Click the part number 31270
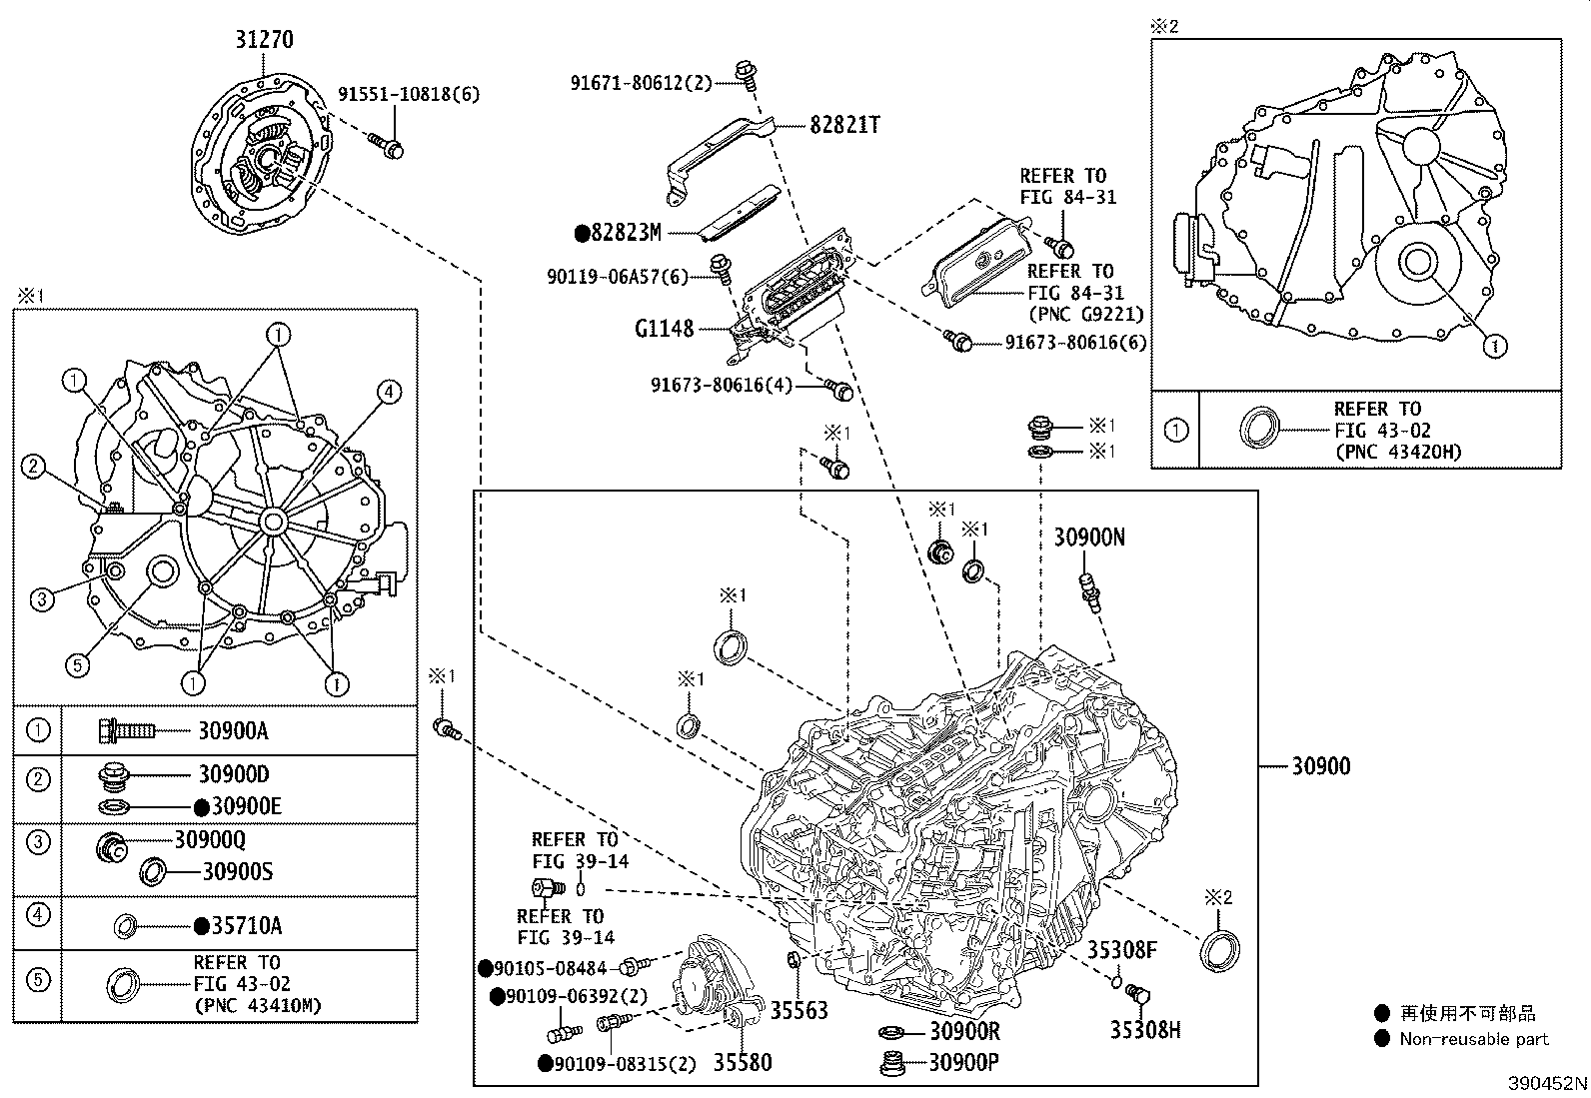(x=264, y=40)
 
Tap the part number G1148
(x=664, y=328)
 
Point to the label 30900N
(x=1089, y=538)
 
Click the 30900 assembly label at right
(x=1320, y=766)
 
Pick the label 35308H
(x=1145, y=1029)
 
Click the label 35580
(x=742, y=1062)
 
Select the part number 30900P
(x=963, y=1062)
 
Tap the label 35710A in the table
(x=246, y=926)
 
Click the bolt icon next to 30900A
(x=126, y=731)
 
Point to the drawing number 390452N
(x=1547, y=1083)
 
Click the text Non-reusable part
(x=1474, y=1039)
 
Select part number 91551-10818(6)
(x=408, y=95)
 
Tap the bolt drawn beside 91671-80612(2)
(x=744, y=73)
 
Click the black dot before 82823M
(x=582, y=233)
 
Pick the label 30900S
(x=237, y=872)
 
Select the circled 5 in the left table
(x=37, y=979)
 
